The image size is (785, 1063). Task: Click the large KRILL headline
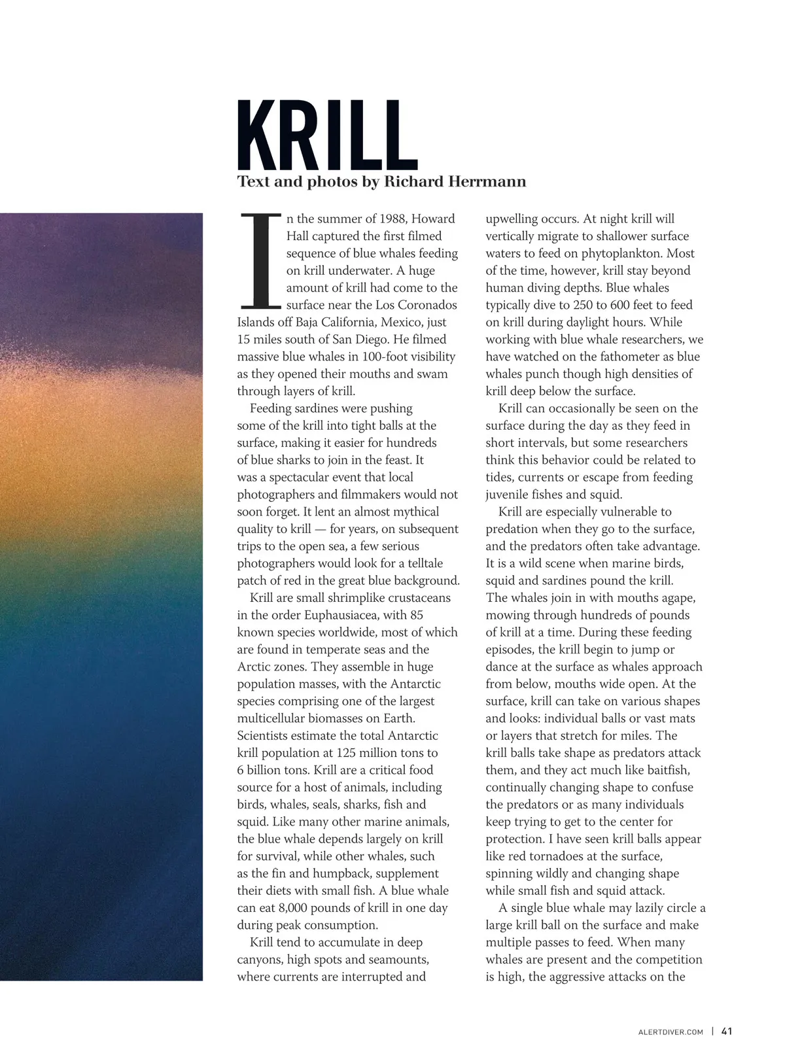[x=327, y=136]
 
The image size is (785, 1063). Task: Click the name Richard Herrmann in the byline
[x=455, y=182]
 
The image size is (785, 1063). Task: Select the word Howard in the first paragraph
[x=433, y=219]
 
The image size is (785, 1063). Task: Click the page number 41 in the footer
[x=727, y=1032]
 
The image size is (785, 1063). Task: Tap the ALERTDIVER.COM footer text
[x=671, y=1032]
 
